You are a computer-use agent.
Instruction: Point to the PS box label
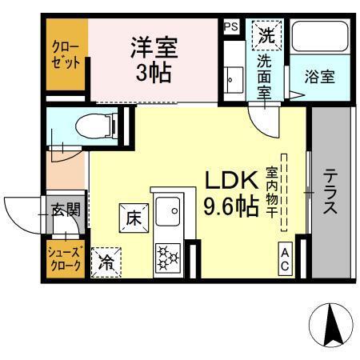tap(230, 26)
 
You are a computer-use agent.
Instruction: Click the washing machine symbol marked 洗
tap(266, 35)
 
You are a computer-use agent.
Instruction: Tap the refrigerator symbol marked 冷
tap(106, 262)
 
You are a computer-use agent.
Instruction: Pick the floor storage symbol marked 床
tap(131, 215)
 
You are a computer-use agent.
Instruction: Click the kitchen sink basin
tap(170, 213)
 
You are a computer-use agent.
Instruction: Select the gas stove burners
tap(169, 258)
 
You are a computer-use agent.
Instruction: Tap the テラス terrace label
tap(330, 192)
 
